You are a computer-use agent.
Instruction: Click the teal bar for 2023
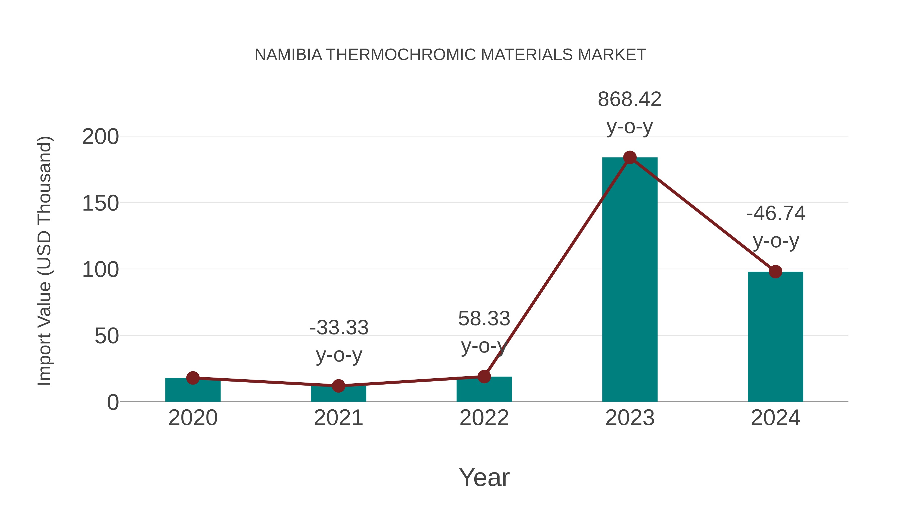tap(630, 280)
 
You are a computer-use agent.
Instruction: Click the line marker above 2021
tap(338, 386)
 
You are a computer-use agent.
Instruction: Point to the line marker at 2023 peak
tap(630, 157)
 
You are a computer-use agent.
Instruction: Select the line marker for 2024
tap(775, 271)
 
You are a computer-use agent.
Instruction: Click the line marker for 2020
tap(193, 378)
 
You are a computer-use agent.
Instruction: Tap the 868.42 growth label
tap(630, 99)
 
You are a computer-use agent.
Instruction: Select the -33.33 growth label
tap(339, 328)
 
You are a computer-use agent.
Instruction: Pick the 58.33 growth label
tap(484, 319)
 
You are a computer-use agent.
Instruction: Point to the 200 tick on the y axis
tap(100, 137)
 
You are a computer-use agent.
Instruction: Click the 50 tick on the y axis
tap(107, 336)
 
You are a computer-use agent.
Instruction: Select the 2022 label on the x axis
tap(484, 418)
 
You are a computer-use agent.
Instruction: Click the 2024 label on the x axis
tap(775, 418)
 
